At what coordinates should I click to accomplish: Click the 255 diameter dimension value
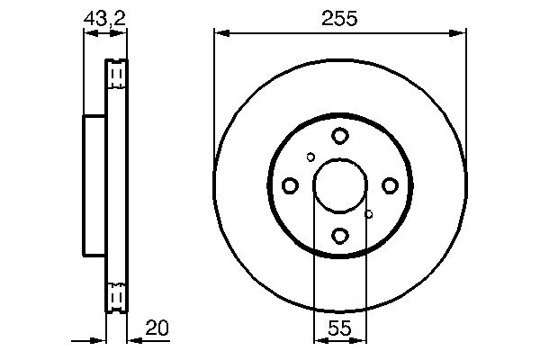point(340,18)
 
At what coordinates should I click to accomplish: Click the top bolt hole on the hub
point(339,136)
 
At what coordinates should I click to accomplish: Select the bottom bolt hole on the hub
point(339,236)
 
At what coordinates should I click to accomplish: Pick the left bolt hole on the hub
point(290,185)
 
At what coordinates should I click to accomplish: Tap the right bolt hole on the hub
point(390,185)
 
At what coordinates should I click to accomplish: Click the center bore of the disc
point(339,185)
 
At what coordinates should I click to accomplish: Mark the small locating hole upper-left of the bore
point(310,157)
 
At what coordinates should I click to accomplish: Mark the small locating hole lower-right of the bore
point(368,214)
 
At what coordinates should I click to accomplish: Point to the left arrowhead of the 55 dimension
point(319,340)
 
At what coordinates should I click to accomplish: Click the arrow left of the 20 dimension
point(97,340)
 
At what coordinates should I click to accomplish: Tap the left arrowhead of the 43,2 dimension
point(89,33)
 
